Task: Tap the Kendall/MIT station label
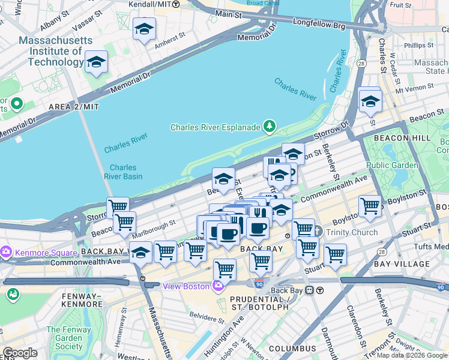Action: [149, 4]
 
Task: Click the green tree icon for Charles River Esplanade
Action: [270, 127]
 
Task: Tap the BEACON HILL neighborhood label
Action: [403, 138]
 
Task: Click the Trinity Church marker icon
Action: [318, 232]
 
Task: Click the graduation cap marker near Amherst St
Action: [144, 29]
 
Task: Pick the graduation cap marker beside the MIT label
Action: [96, 62]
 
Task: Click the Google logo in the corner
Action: [20, 353]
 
